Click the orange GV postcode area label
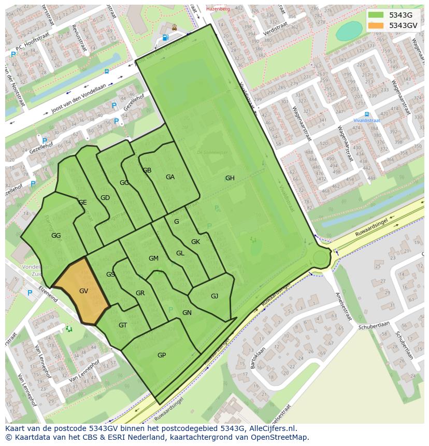click(83, 291)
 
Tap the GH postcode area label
click(230, 178)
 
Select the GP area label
click(162, 355)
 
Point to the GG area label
click(56, 236)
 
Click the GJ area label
click(214, 296)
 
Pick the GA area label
click(170, 177)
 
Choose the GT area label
click(123, 325)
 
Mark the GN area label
click(187, 313)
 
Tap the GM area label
click(153, 258)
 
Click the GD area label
click(105, 198)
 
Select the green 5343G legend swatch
click(376, 15)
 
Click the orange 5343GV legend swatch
click(376, 25)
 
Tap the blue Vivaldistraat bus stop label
click(367, 120)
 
